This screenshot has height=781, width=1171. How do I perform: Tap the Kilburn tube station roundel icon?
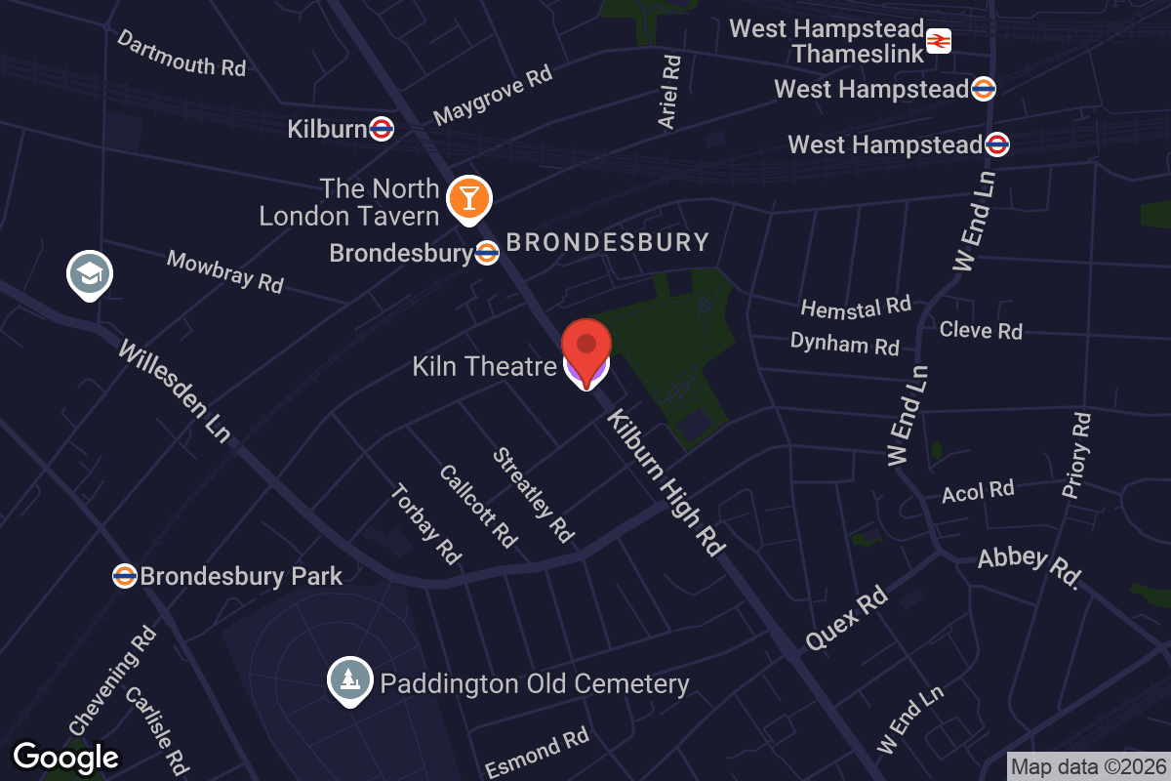382,129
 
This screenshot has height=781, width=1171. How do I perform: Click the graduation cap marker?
90,273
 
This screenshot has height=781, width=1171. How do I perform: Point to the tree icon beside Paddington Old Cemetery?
348,679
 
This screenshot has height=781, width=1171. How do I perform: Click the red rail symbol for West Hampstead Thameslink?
939,41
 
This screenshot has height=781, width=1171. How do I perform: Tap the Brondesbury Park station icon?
124,576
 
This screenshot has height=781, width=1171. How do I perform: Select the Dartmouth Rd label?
182,54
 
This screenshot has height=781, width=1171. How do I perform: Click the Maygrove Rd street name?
493,95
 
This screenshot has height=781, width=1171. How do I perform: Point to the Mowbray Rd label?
224,271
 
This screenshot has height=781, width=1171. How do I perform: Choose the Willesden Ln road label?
174,390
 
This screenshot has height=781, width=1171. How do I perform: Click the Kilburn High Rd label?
667,483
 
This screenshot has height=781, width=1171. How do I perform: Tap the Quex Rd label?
845,619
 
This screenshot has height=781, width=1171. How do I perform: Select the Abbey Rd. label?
1030,568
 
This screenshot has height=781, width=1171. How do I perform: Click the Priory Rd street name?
1076,455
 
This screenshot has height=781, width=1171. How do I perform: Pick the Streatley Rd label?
533,495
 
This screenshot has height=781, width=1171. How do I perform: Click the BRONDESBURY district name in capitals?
607,242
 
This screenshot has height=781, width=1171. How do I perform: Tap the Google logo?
65,757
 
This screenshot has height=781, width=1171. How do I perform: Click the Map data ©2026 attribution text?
1087,766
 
